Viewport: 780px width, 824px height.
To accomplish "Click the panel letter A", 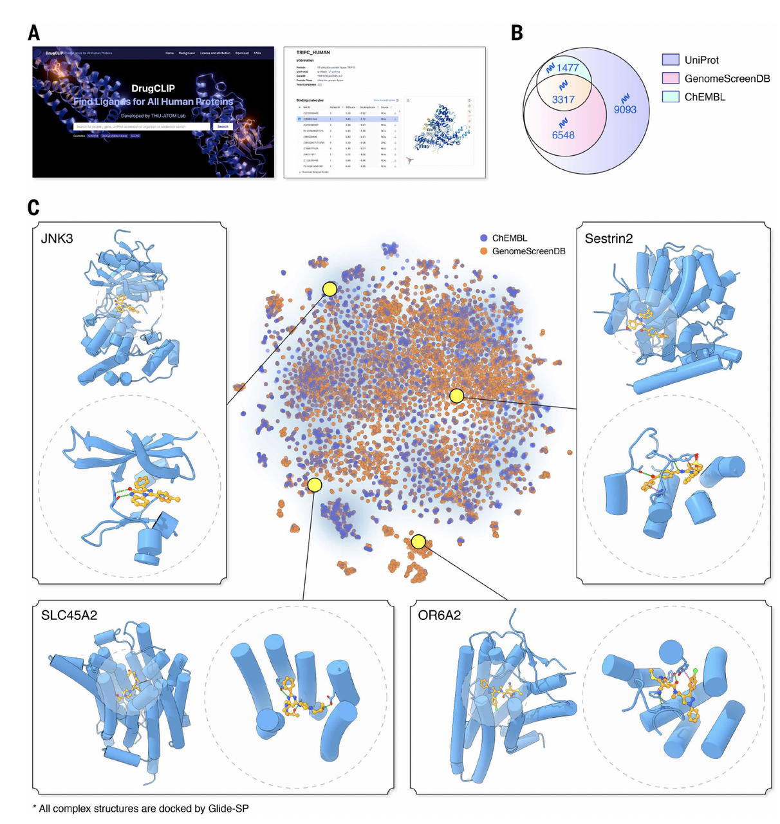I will click(34, 33).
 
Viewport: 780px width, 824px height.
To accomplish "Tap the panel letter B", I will click(517, 33).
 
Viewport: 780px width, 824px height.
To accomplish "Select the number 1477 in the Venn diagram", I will click(568, 68).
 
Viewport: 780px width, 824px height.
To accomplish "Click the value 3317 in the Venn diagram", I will click(563, 99).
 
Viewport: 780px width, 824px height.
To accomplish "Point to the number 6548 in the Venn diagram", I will click(563, 135).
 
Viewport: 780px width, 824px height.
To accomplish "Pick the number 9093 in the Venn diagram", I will click(625, 109).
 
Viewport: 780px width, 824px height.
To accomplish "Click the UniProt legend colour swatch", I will click(671, 60).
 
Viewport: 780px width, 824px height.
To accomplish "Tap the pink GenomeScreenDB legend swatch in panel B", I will click(671, 78).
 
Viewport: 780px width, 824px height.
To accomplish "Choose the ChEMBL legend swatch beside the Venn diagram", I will click(671, 97).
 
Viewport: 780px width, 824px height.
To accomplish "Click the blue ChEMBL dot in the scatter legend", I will click(483, 238).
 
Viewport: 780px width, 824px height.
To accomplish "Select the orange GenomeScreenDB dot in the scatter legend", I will click(483, 251).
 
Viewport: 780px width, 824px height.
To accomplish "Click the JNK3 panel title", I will click(57, 239).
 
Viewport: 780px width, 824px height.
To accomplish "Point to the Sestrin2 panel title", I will click(608, 239).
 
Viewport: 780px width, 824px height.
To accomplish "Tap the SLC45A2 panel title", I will click(69, 615).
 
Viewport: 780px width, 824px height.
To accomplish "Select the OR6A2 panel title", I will click(440, 615).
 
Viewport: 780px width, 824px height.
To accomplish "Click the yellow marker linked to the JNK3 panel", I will click(330, 289).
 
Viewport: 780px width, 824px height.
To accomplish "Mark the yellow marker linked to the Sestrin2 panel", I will click(456, 396).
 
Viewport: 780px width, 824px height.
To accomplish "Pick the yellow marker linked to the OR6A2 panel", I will click(418, 542).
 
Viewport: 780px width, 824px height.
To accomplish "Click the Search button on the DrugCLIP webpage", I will click(223, 127).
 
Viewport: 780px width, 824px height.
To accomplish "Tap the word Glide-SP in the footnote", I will click(228, 808).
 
